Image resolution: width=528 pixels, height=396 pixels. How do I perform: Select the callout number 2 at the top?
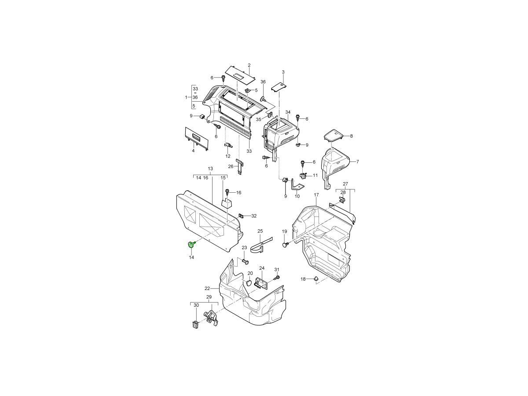coord(249,65)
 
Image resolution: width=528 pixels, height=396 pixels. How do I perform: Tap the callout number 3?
coord(283,72)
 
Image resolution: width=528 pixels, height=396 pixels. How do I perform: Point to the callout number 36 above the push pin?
coord(263,82)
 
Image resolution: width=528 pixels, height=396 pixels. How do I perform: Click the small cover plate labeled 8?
coord(334,136)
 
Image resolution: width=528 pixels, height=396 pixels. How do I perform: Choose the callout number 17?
coord(316,195)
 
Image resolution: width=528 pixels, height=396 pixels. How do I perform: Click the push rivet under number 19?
coord(285,245)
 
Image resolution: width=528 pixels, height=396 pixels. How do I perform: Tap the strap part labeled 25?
coord(261,246)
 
